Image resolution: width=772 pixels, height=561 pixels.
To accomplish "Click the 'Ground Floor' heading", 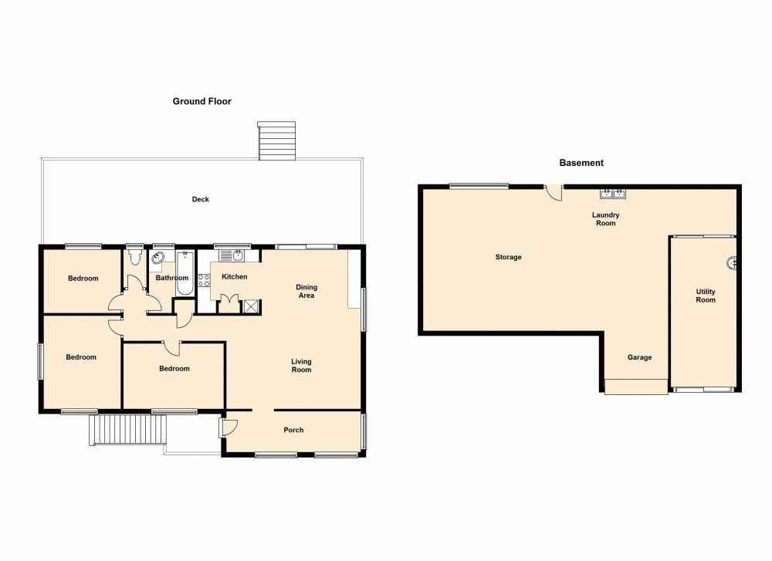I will (x=201, y=101).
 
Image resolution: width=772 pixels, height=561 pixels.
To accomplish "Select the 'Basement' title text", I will (x=581, y=163).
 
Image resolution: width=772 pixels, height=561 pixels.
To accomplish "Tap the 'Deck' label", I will (x=201, y=199).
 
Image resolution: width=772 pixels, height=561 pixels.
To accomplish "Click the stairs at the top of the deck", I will (x=276, y=140).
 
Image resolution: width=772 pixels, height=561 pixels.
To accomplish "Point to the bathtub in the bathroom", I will (x=184, y=272).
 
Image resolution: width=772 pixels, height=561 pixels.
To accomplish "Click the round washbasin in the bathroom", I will (x=158, y=259).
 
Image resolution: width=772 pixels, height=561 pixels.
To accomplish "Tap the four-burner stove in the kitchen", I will (x=205, y=281).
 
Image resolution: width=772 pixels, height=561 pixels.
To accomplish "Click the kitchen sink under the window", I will (x=237, y=256).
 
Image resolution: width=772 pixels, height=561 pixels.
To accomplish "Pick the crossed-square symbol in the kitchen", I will (x=251, y=306).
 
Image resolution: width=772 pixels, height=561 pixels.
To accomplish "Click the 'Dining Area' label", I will (x=306, y=291).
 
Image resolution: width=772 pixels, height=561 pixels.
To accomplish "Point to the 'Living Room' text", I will (x=301, y=365).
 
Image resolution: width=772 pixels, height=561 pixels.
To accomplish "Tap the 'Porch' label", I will (x=293, y=430).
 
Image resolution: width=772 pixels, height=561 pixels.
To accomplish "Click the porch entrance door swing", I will (x=229, y=426).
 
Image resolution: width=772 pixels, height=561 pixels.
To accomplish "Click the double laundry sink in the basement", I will (x=613, y=194).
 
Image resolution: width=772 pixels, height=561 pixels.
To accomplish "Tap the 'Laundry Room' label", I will (x=605, y=219).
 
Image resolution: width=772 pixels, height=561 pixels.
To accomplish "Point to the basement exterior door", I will (x=554, y=193).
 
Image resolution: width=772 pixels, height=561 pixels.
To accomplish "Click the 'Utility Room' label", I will (x=706, y=296).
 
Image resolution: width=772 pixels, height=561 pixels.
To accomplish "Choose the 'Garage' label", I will (x=639, y=357).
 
